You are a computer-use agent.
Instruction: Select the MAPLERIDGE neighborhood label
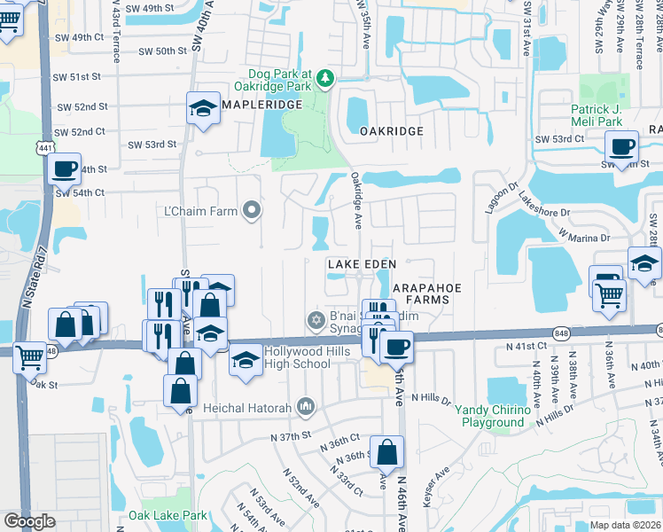256,106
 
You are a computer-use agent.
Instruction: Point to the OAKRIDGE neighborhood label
391,131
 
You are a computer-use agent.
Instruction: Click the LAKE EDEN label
361,264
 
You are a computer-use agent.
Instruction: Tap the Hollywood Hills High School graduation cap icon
245,360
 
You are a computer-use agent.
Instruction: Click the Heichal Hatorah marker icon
306,406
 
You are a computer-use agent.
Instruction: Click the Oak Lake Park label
168,515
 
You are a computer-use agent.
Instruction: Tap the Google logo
30,521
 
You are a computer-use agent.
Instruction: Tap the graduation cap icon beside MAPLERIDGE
203,110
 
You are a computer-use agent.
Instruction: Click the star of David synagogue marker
313,319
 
